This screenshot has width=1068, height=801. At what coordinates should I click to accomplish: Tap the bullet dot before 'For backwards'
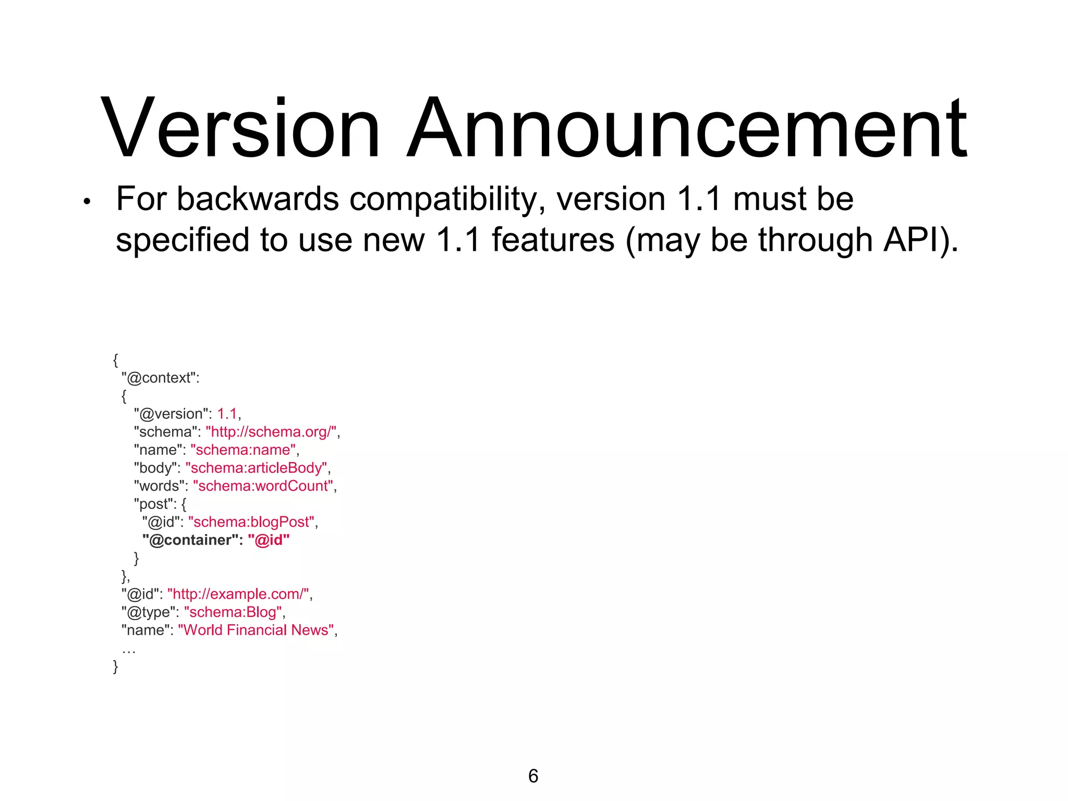pyautogui.click(x=87, y=202)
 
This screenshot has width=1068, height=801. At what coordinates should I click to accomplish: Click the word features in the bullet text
pyautogui.click(x=553, y=240)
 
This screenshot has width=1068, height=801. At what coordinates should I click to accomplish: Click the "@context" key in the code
pyautogui.click(x=160, y=378)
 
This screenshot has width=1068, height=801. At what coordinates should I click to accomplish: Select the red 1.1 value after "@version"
pyautogui.click(x=227, y=414)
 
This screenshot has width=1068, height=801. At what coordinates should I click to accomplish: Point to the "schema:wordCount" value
pyautogui.click(x=263, y=486)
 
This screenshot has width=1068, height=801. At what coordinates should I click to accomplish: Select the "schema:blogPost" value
pyautogui.click(x=252, y=521)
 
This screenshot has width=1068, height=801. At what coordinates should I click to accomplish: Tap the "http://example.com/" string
pyautogui.click(x=239, y=594)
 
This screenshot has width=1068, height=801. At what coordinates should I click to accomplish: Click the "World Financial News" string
pyautogui.click(x=256, y=630)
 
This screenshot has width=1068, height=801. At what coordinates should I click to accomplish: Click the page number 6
pyautogui.click(x=533, y=776)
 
